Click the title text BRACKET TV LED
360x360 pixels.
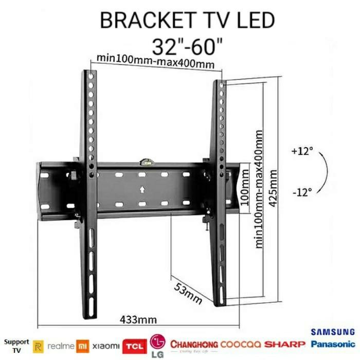point(187,21)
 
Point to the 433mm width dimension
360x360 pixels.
point(138,319)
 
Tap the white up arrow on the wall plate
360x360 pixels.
point(142,189)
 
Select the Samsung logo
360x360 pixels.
point(332,332)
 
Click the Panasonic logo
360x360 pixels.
point(332,344)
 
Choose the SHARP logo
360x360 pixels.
point(285,344)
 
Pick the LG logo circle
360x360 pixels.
point(156,341)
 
